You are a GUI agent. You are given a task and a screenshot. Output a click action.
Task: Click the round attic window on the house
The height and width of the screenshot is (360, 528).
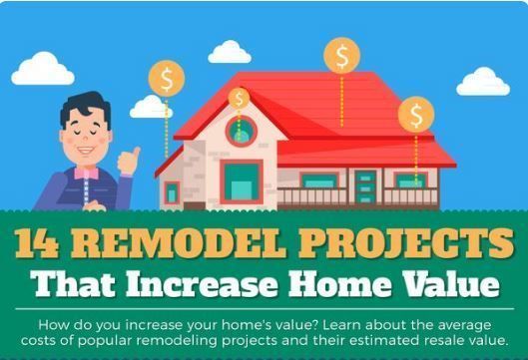pyautogui.click(x=240, y=129)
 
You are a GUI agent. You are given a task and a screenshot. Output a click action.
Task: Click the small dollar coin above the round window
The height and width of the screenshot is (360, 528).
pyautogui.click(x=239, y=98)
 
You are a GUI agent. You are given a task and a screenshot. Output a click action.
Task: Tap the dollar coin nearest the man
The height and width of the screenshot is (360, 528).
pyautogui.click(x=165, y=77)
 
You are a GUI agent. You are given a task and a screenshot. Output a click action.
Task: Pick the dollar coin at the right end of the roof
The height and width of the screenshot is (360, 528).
pyautogui.click(x=415, y=113)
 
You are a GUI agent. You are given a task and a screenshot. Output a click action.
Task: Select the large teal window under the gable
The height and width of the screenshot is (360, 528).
pyautogui.click(x=241, y=182)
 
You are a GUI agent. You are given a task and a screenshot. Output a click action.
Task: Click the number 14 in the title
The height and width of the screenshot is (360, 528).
pyautogui.click(x=40, y=242)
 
